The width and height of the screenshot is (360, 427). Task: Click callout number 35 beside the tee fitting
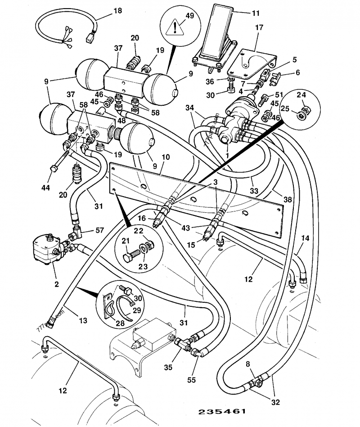(x=168, y=367)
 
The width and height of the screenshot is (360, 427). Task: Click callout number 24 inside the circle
(x=301, y=95)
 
